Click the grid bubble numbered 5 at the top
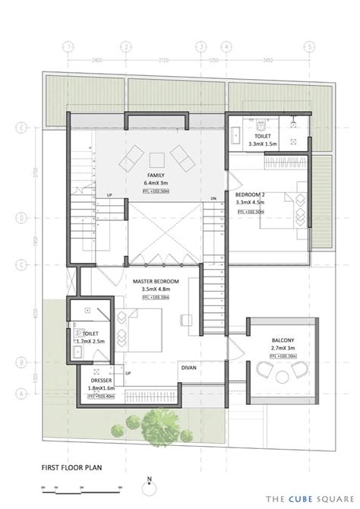[310, 45]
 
